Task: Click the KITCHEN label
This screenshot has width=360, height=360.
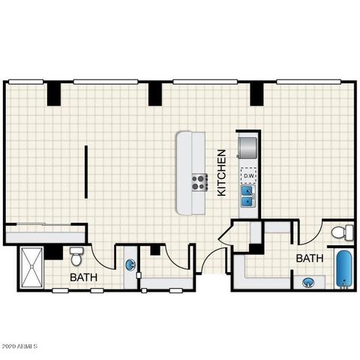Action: pyautogui.click(x=222, y=172)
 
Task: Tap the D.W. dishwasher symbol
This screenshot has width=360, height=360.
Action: pyautogui.click(x=248, y=175)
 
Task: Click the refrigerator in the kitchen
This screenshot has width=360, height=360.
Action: pyautogui.click(x=247, y=148)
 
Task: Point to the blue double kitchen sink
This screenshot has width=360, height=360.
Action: pyautogui.click(x=248, y=196)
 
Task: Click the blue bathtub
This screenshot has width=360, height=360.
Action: pyautogui.click(x=344, y=269)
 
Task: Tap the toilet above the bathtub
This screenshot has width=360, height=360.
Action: pyautogui.click(x=343, y=232)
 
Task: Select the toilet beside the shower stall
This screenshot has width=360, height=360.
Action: pyautogui.click(x=76, y=256)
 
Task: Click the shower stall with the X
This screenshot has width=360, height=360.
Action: pyautogui.click(x=31, y=267)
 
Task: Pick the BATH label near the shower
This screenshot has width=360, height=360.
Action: pyautogui.click(x=83, y=277)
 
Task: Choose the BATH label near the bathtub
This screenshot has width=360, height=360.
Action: pyautogui.click(x=310, y=258)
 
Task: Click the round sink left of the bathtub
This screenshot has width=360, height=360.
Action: pyautogui.click(x=308, y=283)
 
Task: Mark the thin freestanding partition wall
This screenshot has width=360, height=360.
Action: pyautogui.click(x=86, y=172)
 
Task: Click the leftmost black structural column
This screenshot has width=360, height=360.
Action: pyautogui.click(x=54, y=94)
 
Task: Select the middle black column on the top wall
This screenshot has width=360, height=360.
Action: pyautogui.click(x=155, y=94)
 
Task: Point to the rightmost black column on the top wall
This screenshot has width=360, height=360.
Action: pyautogui.click(x=257, y=94)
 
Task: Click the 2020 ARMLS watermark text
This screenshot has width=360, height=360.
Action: pyautogui.click(x=19, y=346)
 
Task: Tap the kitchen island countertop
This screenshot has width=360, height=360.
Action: pyautogui.click(x=191, y=173)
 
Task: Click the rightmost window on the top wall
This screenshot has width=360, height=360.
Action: pyautogui.click(x=309, y=82)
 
